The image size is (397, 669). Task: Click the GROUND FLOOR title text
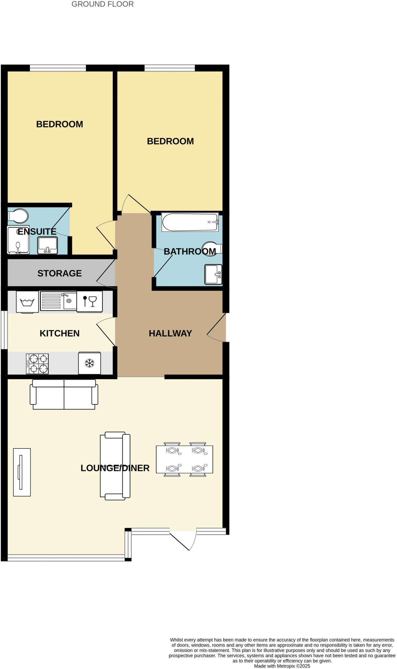point(102,4)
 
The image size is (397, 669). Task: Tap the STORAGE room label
point(59,273)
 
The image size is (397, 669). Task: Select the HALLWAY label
point(170,333)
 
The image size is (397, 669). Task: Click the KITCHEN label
point(59,333)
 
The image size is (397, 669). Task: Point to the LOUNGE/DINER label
point(115,468)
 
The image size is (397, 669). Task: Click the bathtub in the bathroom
point(190,222)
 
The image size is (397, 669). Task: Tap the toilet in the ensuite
point(18,216)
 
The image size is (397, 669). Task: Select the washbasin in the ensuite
point(48,245)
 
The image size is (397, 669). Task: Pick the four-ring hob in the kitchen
point(37,364)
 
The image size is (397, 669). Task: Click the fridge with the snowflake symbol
point(89,363)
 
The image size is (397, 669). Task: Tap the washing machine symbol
point(27,302)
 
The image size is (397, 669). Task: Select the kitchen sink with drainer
point(58,301)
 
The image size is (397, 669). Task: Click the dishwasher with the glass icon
point(89,301)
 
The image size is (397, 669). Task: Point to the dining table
point(184,459)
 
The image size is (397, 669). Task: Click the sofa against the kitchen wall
point(64,394)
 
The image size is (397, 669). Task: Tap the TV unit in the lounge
point(22,472)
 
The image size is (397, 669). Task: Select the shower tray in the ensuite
point(18,240)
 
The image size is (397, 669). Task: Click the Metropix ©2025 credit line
point(282,666)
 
